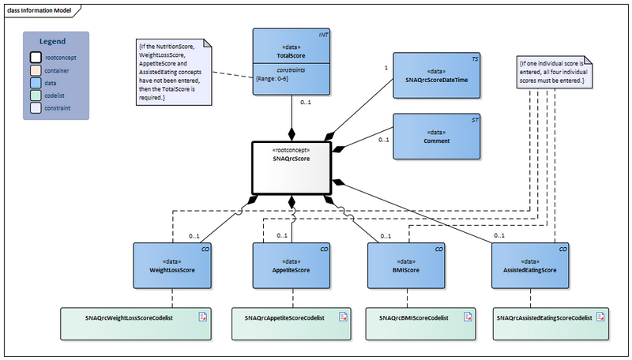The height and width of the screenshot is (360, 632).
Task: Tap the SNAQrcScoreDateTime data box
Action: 437,74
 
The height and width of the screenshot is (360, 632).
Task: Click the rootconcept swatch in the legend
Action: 36,58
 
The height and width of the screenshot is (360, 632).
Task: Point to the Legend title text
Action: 52,41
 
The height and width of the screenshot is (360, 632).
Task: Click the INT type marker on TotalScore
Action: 323,36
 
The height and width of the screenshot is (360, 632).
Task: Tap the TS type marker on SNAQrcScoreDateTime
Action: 474,59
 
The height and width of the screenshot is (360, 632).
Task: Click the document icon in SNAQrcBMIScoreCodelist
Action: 466,317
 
